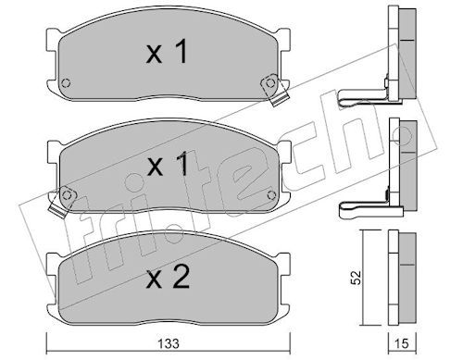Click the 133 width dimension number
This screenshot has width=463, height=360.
click(x=169, y=343)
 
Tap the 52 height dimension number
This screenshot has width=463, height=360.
click(x=357, y=278)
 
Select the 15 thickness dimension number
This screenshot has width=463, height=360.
click(x=402, y=343)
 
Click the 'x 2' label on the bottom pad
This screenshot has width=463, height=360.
click(x=168, y=278)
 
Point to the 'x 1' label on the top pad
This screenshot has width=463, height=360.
click(x=167, y=52)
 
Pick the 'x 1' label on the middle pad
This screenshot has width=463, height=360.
click(x=168, y=164)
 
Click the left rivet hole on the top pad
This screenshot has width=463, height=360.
click(x=66, y=83)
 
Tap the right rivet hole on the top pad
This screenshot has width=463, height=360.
click(x=270, y=82)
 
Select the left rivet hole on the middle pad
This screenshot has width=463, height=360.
click(x=67, y=195)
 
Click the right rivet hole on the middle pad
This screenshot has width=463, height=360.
click(x=271, y=195)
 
